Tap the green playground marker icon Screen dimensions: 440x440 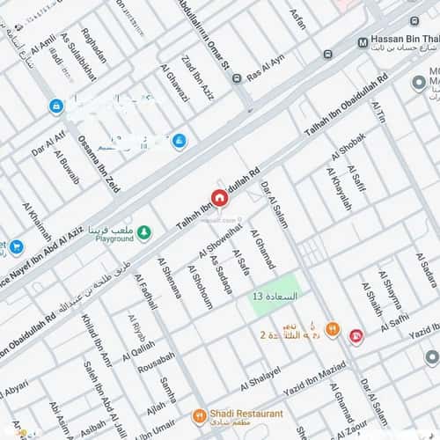click(x=143, y=232)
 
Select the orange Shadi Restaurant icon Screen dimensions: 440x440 click(x=200, y=416)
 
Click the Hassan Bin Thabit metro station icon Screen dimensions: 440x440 click(x=363, y=42)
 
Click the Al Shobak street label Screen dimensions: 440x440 click(x=346, y=147)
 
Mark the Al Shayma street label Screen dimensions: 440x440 click(x=392, y=290)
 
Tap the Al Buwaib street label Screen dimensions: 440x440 click(x=68, y=172)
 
